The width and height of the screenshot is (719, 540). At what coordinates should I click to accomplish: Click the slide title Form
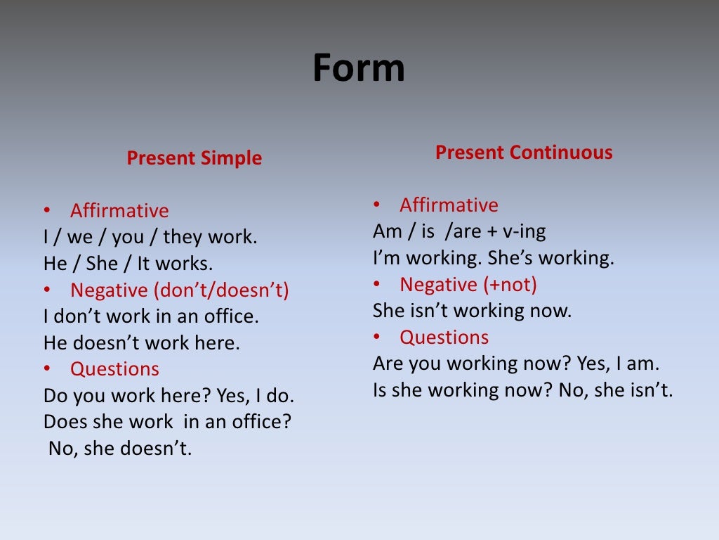[359, 68]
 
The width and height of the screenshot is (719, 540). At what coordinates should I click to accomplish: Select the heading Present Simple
[194, 158]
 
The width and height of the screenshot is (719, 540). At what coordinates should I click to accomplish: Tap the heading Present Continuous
[524, 152]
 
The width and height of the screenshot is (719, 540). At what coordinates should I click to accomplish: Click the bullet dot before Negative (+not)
[376, 284]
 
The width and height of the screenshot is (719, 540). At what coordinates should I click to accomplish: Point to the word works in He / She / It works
[184, 264]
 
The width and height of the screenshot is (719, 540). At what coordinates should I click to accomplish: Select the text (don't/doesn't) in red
[221, 290]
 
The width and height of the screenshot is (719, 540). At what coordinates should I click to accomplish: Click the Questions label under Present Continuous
[444, 337]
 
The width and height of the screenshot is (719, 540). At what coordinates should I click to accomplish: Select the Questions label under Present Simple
[114, 369]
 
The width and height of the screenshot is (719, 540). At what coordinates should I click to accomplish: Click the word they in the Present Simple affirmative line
[183, 237]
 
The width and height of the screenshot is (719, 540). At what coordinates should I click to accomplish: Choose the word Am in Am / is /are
[388, 231]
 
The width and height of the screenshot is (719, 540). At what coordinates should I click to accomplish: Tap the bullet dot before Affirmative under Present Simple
[47, 210]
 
